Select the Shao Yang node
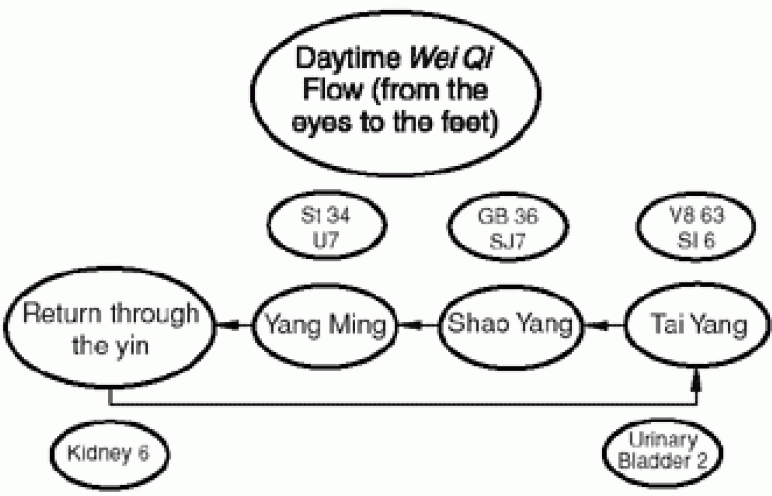coord(510,324)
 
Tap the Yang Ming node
coord(325,325)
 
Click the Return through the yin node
coord(110,329)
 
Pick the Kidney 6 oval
coord(109,454)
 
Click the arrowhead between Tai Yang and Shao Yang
coord(602,326)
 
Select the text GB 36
coord(507,215)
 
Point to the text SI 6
coord(696,240)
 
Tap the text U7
coord(325,241)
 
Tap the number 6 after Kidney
coord(143,454)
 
